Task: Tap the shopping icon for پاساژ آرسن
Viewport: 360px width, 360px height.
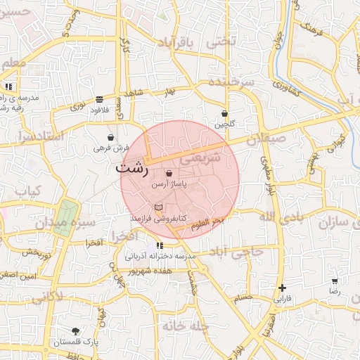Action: (x=169, y=173)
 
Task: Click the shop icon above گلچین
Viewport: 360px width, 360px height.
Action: (x=224, y=113)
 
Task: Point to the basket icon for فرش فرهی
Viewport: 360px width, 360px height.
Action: (x=111, y=137)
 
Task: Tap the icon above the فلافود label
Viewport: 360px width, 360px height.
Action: (x=98, y=100)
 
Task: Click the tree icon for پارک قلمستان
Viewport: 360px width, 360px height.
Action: (x=75, y=330)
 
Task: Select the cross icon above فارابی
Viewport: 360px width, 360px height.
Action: (x=282, y=288)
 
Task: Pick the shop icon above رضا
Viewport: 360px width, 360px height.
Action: (x=334, y=281)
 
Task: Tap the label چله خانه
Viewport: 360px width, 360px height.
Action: (x=186, y=326)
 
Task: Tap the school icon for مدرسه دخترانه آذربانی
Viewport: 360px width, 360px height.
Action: (x=161, y=245)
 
